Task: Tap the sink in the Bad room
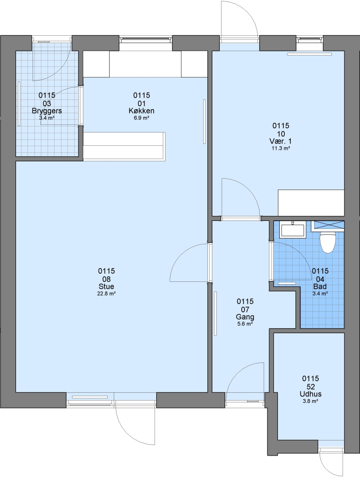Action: click(x=293, y=230)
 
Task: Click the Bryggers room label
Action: click(x=47, y=111)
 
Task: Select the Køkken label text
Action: click(x=141, y=111)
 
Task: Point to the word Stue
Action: click(x=106, y=286)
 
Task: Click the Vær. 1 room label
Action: click(x=281, y=141)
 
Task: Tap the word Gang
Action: click(x=245, y=317)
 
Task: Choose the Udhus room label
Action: click(x=311, y=394)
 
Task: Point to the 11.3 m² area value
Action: click(x=281, y=148)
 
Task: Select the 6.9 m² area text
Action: click(x=141, y=118)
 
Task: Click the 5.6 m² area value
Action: click(x=245, y=324)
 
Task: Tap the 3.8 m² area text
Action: click(x=311, y=401)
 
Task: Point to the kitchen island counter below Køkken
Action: click(x=124, y=147)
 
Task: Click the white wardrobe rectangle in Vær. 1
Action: click(x=311, y=203)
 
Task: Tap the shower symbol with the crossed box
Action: click(x=328, y=225)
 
